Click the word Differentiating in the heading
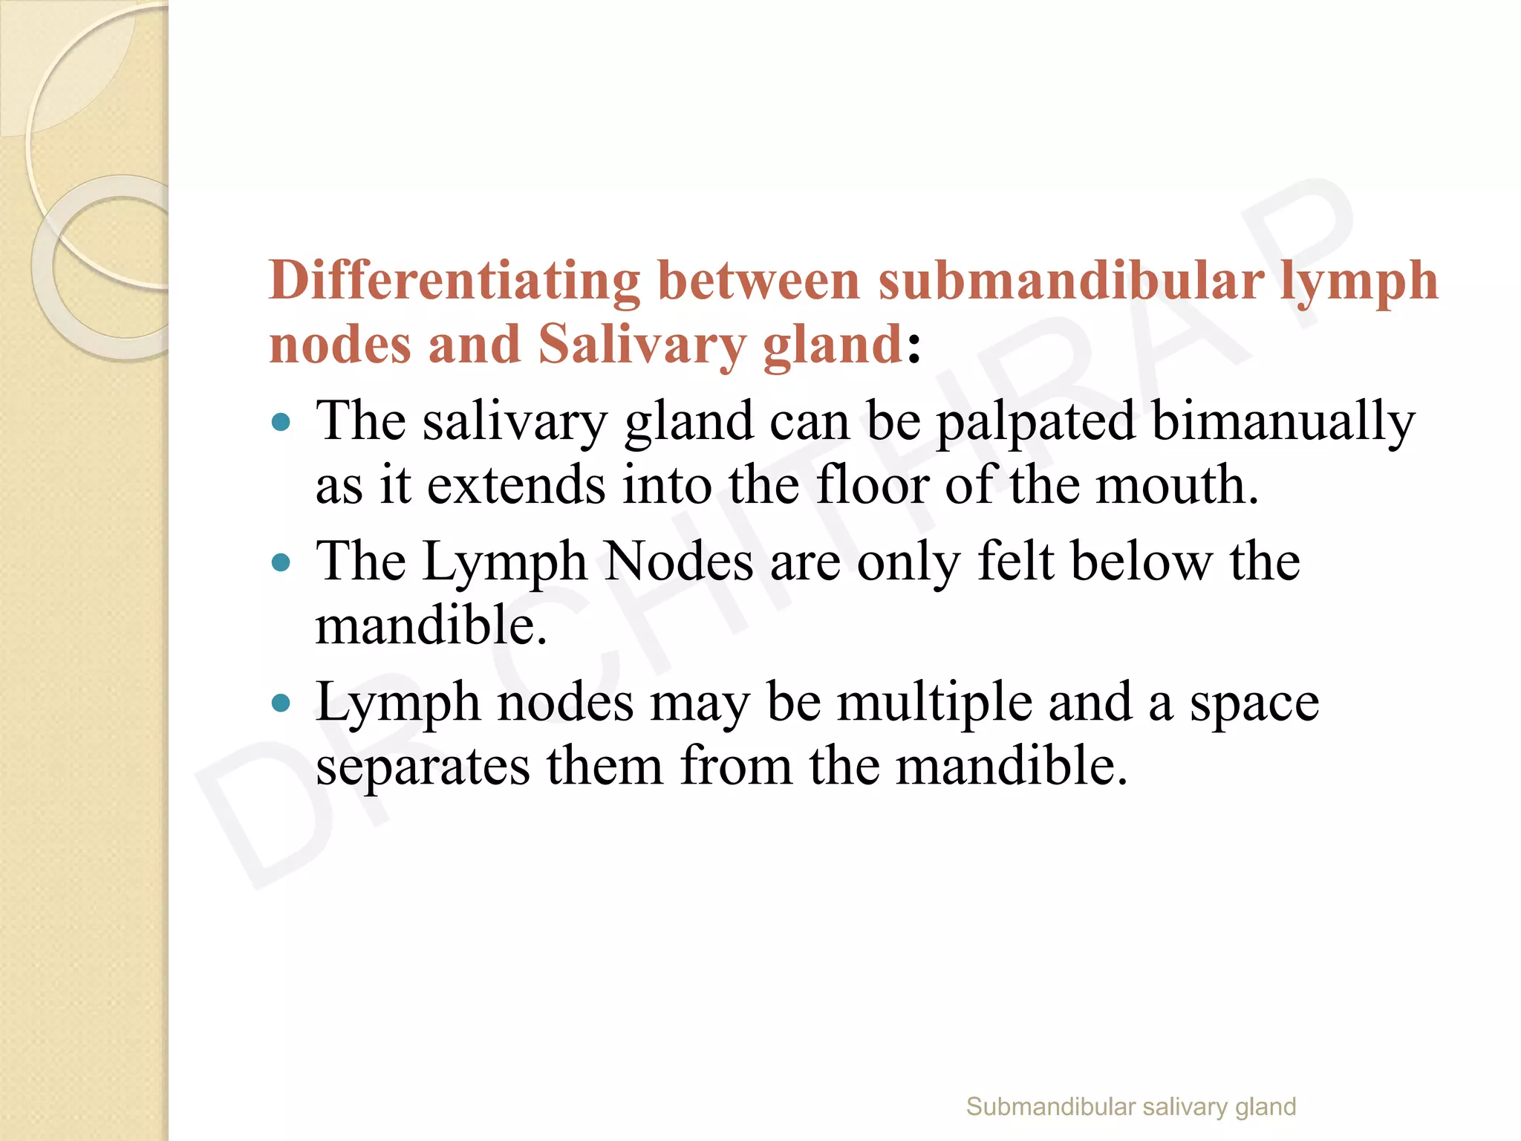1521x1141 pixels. click(454, 282)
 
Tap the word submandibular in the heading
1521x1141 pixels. click(1070, 282)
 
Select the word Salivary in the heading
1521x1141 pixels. click(642, 345)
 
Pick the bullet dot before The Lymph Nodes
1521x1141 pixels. click(281, 562)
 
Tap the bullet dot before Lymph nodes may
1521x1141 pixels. click(281, 703)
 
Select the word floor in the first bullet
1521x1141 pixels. click(872, 485)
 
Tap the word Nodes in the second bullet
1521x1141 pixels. click(678, 562)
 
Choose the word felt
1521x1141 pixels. click(1015, 562)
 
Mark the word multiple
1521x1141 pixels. click(934, 703)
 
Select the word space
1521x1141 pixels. click(1254, 703)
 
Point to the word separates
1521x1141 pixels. click(423, 767)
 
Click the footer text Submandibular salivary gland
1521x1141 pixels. click(1130, 1107)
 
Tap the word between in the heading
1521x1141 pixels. click(758, 282)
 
